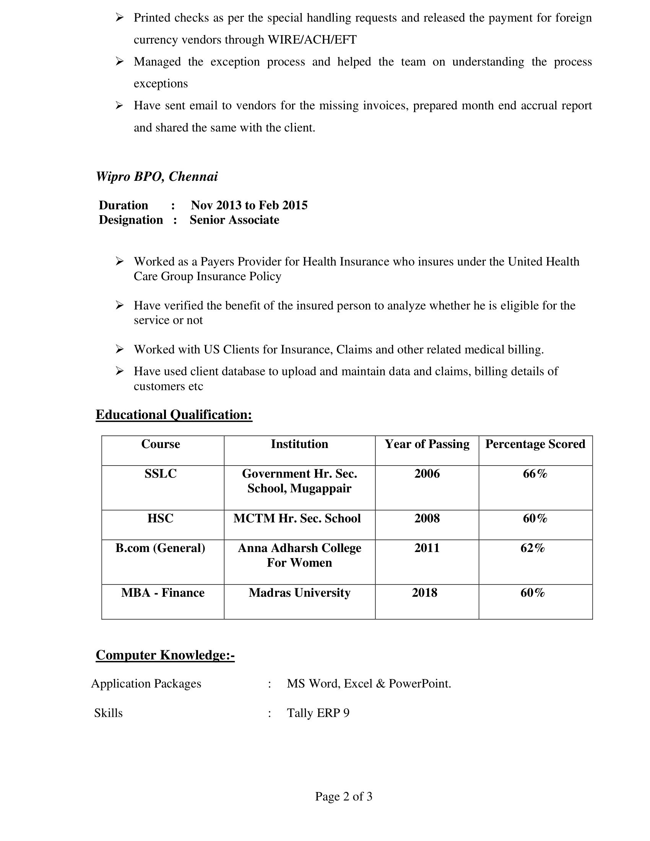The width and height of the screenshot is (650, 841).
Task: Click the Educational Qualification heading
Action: pos(174,415)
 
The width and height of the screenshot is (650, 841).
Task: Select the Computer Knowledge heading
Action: pos(165,655)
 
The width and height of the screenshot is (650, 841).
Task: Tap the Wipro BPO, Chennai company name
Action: pos(157,176)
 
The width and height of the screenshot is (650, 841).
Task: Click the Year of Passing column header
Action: pos(427,444)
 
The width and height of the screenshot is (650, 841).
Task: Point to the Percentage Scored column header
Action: pos(535,444)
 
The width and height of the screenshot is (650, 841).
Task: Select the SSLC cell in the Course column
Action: pos(161,474)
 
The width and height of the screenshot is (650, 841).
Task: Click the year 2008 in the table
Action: pos(427,518)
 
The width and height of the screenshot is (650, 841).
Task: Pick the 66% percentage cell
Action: pos(535,474)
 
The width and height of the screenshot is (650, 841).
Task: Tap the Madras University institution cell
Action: pos(299,593)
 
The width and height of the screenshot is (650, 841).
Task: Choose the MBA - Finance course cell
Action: pos(162,593)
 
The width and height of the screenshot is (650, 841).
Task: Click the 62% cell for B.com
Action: pos(533,548)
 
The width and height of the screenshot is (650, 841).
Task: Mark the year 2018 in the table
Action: pos(424,593)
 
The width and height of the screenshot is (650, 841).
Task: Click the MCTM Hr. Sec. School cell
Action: pos(297,518)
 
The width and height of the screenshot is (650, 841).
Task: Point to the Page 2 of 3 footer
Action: pos(343,796)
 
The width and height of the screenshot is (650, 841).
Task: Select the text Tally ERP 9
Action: pos(318,713)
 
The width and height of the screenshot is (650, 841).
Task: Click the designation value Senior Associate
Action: pos(234,220)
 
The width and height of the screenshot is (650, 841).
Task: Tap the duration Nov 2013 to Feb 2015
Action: pos(249,205)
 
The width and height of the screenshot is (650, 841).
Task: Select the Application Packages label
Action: pos(146,684)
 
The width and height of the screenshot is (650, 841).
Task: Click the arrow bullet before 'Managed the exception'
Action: pos(119,61)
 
